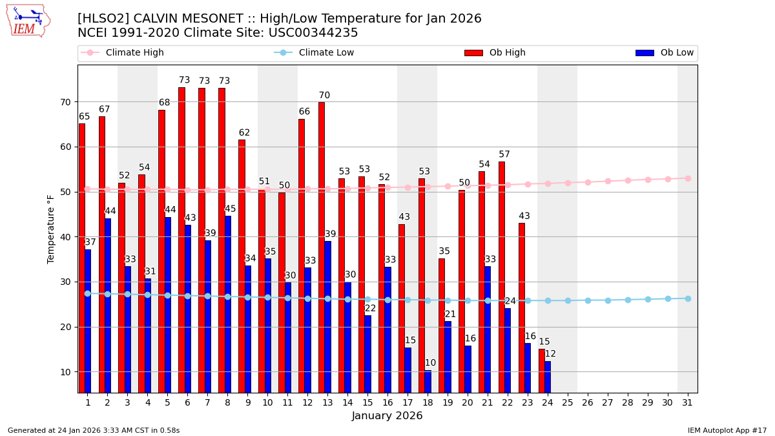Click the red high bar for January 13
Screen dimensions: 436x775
[322, 247]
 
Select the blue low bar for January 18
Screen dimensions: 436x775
[428, 381]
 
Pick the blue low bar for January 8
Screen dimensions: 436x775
[228, 304]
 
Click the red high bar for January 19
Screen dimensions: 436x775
[442, 326]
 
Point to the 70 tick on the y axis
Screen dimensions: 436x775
[65, 102]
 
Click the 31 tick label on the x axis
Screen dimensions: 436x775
[688, 402]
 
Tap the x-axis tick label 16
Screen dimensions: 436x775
[387, 402]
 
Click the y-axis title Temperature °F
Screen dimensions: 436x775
[51, 229]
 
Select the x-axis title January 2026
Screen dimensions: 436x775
[387, 416]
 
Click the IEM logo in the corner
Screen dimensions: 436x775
[28, 21]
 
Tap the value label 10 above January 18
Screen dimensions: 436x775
[430, 363]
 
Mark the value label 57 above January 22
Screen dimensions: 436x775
[504, 154]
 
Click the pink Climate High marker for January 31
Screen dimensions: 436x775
[688, 178]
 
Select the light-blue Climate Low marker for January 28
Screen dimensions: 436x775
[628, 300]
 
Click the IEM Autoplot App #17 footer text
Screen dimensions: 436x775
[727, 430]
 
